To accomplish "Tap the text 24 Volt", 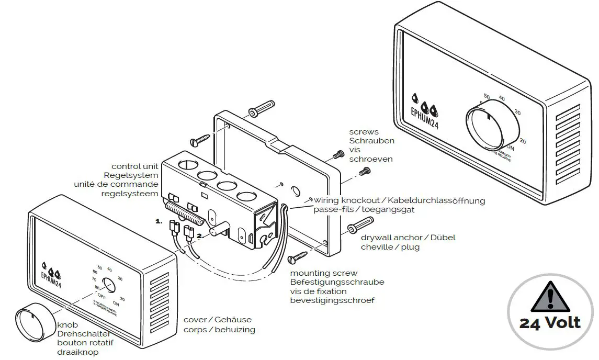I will click(550, 322).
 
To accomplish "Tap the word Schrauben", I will click(371, 141).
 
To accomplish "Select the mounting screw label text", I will click(324, 273).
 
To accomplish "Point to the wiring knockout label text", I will click(349, 200).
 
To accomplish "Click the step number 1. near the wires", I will click(159, 221).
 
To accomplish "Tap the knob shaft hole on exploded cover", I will click(109, 285).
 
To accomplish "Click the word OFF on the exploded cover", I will click(101, 296).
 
